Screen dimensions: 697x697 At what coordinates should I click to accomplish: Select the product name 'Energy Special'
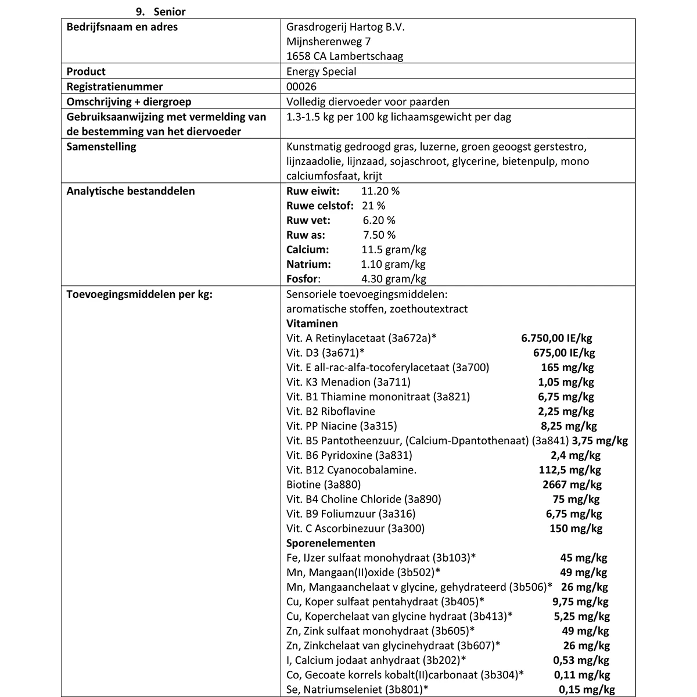click(321, 71)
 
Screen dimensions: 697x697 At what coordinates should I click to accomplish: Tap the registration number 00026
click(301, 87)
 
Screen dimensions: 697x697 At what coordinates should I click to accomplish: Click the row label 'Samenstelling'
click(101, 146)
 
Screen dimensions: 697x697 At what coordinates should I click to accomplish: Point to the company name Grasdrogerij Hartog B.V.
click(345, 27)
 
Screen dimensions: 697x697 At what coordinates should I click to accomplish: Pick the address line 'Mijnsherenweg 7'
click(328, 41)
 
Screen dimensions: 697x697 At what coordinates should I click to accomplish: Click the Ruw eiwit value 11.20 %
click(380, 191)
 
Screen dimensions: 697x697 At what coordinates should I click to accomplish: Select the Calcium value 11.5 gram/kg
click(393, 250)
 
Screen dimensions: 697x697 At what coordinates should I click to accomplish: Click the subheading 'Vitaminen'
click(312, 324)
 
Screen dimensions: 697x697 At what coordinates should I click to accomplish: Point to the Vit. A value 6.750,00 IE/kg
click(556, 338)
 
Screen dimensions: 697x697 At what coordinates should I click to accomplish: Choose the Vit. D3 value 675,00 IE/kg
click(563, 353)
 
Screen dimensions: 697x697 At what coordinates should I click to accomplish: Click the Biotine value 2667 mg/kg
click(570, 484)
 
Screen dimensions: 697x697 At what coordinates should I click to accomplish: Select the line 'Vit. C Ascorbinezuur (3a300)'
click(355, 529)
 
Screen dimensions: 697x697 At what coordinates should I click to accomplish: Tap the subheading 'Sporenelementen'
click(330, 543)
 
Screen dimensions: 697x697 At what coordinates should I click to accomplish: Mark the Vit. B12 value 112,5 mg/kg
click(570, 470)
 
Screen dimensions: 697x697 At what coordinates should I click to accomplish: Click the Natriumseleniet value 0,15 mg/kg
click(587, 689)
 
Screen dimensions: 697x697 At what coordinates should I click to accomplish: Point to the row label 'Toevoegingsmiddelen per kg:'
click(139, 294)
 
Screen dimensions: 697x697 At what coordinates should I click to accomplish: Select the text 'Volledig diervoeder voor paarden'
click(368, 102)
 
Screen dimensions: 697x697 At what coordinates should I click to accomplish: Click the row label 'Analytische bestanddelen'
click(131, 191)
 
